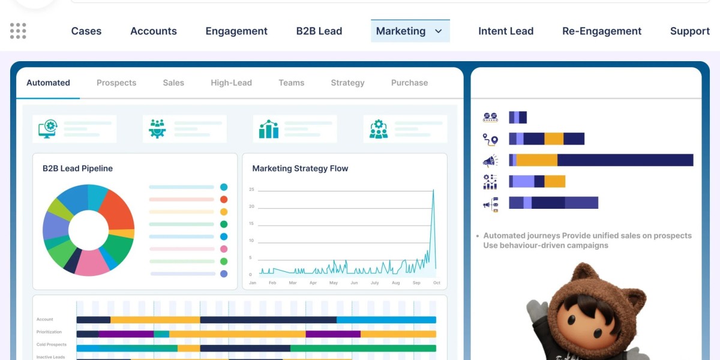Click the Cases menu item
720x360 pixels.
[x=86, y=31]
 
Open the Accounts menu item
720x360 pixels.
[x=154, y=31]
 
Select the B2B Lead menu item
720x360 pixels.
[x=319, y=31]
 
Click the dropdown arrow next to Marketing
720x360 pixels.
[x=439, y=31]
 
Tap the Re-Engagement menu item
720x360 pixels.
[x=602, y=31]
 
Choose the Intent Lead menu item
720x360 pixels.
[x=506, y=31]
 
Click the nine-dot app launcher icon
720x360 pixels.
[x=18, y=31]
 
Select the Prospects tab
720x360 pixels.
[x=116, y=83]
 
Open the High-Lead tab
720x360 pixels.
[x=231, y=83]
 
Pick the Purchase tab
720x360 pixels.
[x=409, y=83]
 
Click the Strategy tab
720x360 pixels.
[x=347, y=83]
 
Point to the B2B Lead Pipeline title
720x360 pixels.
[x=77, y=169]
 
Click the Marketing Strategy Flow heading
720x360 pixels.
[x=300, y=169]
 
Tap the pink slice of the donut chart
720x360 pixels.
[x=92, y=262]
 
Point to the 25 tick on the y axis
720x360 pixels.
[x=251, y=190]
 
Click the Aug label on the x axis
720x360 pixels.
[x=395, y=283]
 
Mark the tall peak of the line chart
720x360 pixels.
[x=433, y=191]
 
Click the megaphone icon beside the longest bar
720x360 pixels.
[x=490, y=160]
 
